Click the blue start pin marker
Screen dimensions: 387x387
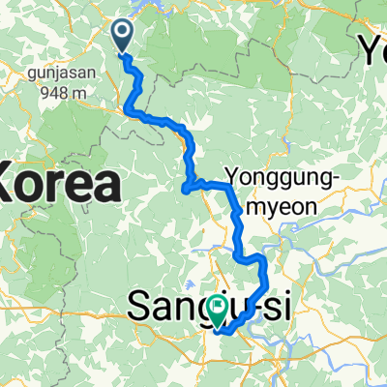(x=124, y=36)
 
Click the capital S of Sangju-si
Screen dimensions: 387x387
(x=141, y=309)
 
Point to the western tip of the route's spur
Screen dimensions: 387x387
(x=185, y=191)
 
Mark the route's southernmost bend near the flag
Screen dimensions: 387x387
(x=221, y=331)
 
